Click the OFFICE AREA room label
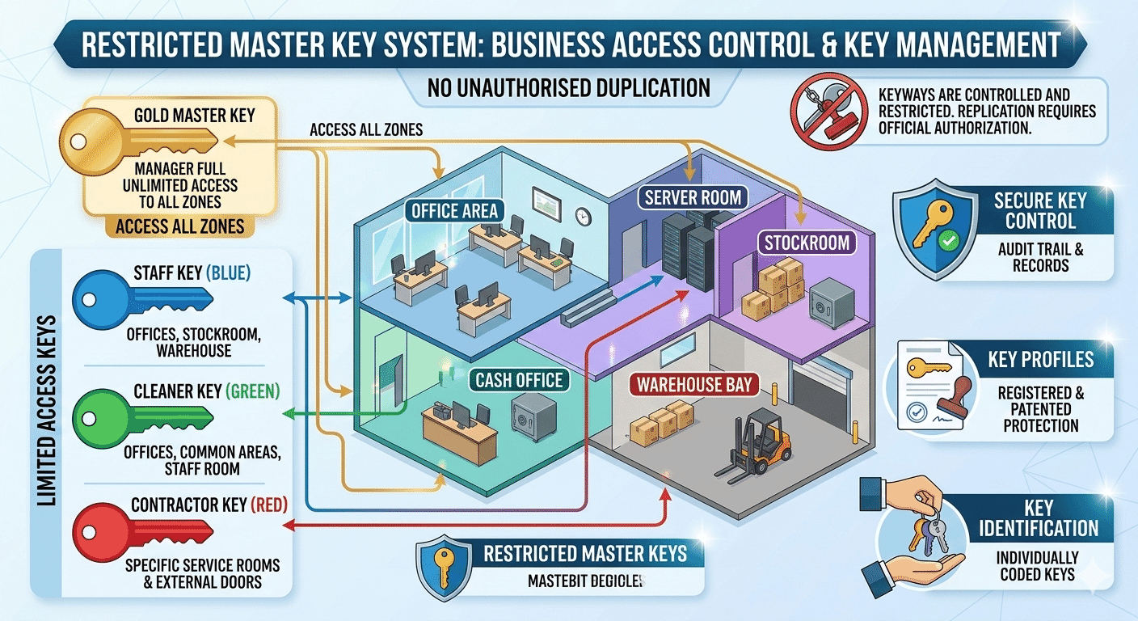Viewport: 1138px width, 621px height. click(x=455, y=212)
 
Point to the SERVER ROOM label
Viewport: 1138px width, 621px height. click(x=693, y=196)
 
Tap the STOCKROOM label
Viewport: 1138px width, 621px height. click(x=807, y=242)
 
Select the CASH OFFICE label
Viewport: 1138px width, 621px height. click(x=519, y=380)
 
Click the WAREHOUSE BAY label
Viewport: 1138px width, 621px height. click(x=694, y=384)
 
